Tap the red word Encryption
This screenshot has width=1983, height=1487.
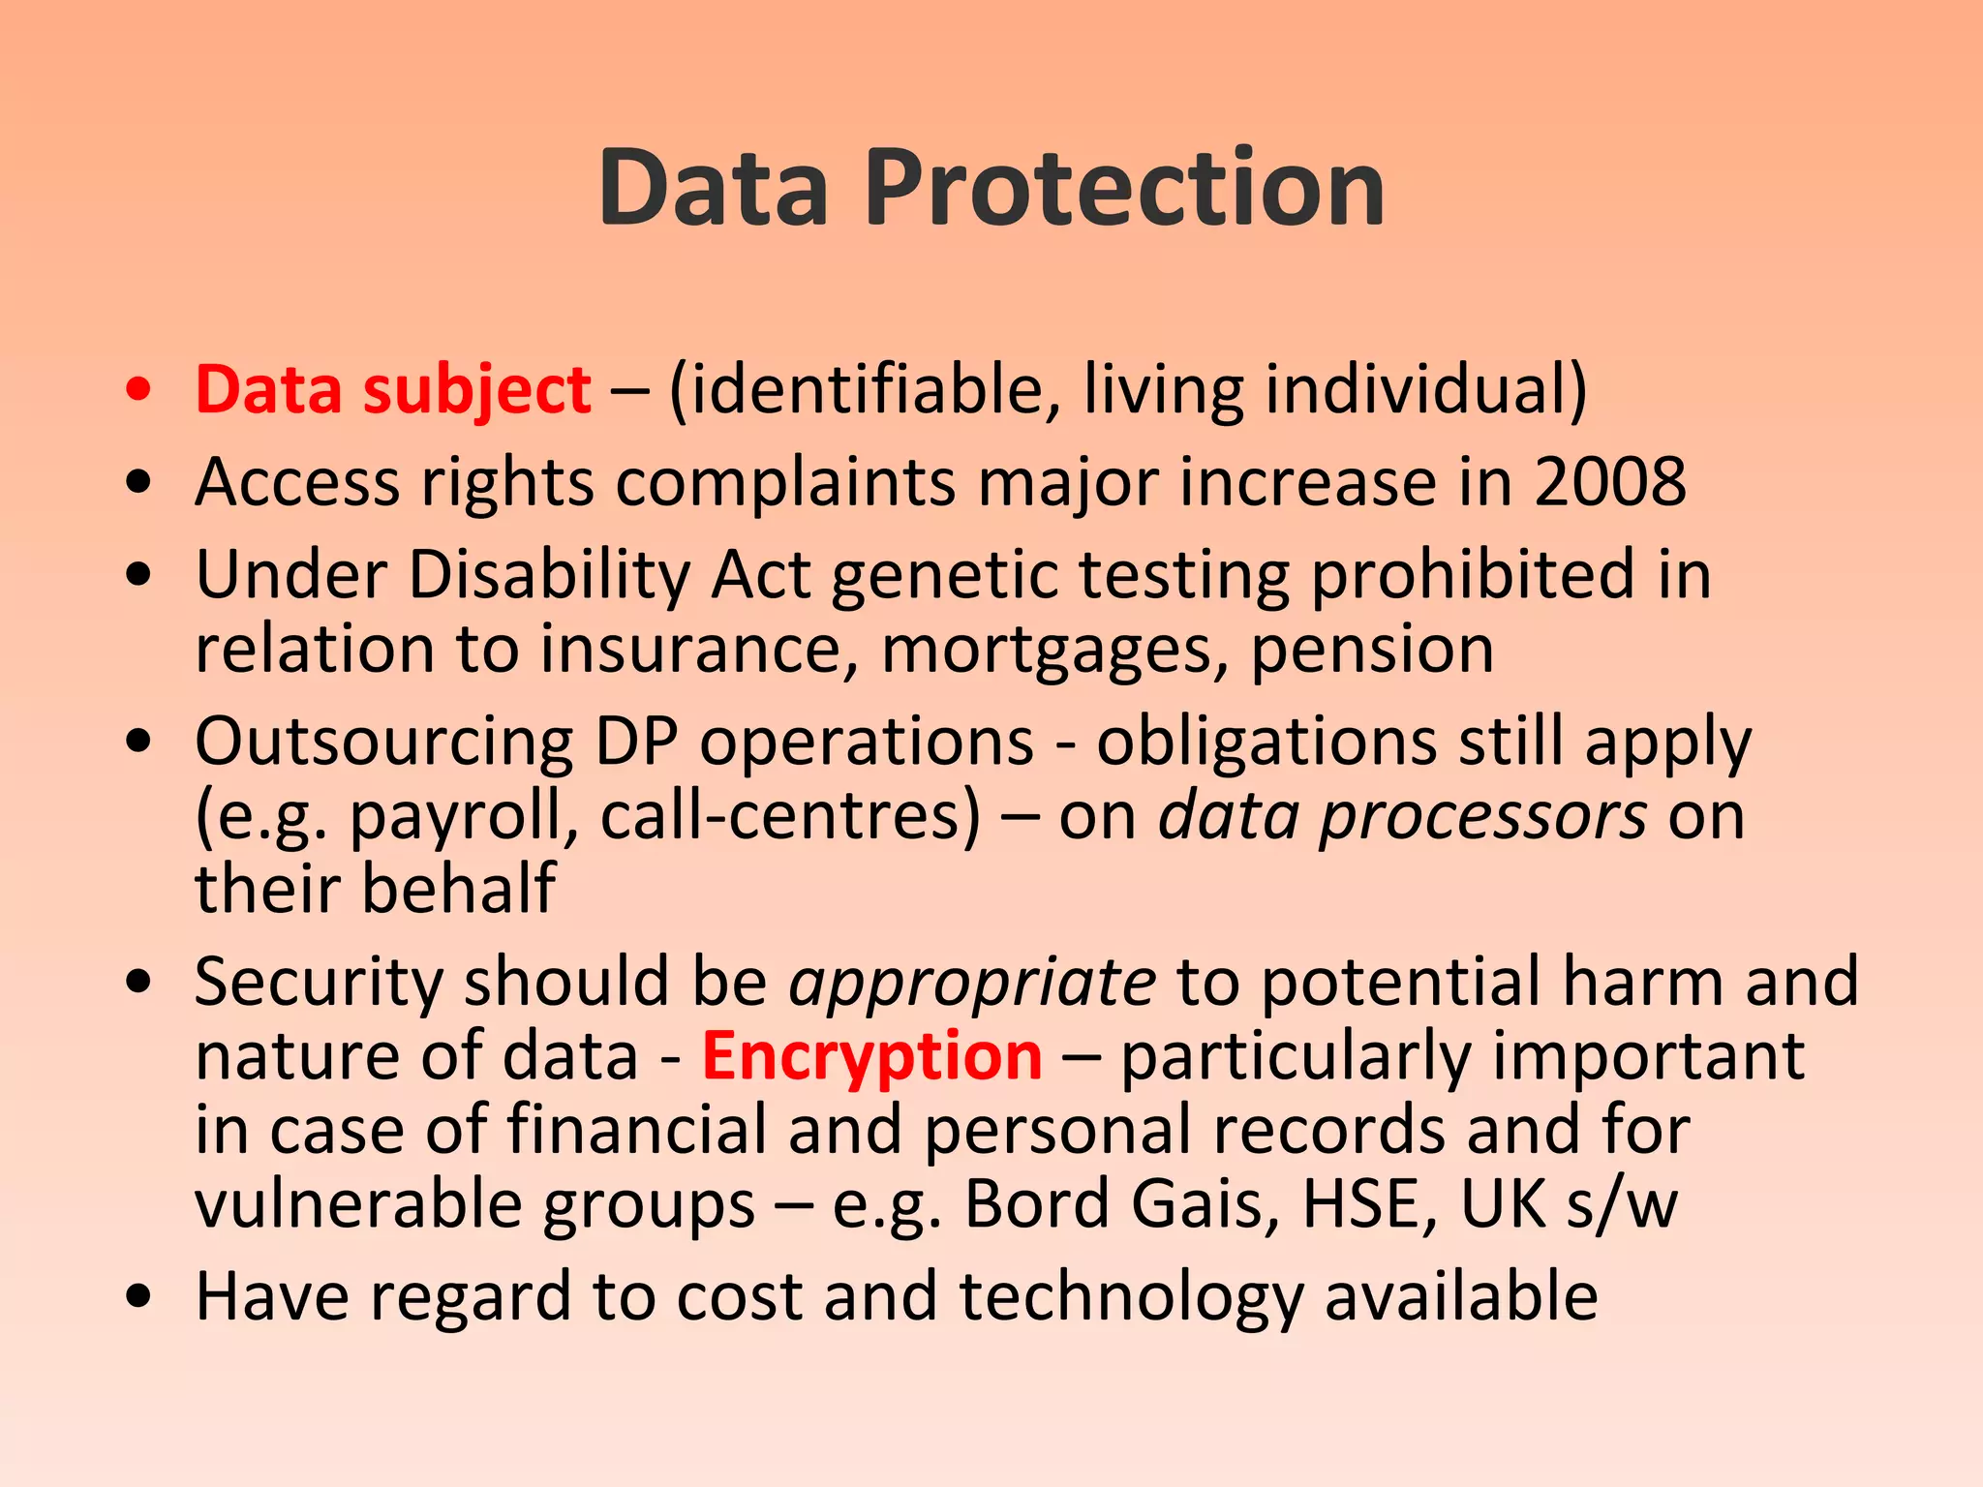[x=871, y=1057]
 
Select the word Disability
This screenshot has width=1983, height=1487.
[x=549, y=576]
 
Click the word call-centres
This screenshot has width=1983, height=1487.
[x=791, y=816]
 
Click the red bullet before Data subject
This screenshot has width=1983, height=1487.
[x=139, y=390]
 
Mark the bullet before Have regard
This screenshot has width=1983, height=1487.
[x=139, y=1296]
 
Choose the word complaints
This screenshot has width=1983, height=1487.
[x=785, y=483]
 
